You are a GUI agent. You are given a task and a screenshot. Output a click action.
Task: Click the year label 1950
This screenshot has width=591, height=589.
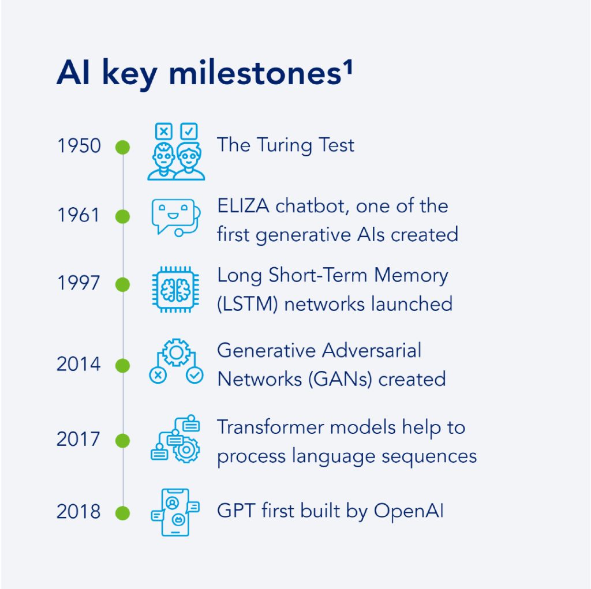(x=79, y=146)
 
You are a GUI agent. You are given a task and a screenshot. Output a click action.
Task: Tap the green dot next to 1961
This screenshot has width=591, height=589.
(x=122, y=217)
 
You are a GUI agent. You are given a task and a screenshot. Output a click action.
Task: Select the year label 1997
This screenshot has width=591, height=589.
(x=78, y=283)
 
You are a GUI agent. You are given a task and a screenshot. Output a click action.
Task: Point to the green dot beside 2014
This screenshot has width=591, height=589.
(x=122, y=366)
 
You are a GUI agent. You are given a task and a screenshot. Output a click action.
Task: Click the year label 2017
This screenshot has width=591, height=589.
(x=78, y=439)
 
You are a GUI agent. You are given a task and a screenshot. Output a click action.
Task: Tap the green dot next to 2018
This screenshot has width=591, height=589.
(x=122, y=513)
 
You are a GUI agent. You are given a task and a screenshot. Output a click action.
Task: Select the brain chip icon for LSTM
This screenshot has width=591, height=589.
(x=175, y=290)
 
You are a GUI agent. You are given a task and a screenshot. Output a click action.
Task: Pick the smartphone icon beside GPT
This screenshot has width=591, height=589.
(x=175, y=512)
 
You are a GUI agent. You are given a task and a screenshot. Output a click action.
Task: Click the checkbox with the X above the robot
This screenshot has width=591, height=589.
(x=164, y=132)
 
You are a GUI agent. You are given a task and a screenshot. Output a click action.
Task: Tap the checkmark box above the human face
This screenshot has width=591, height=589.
(x=189, y=132)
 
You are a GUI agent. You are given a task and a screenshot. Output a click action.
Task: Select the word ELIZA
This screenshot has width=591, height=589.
(x=243, y=206)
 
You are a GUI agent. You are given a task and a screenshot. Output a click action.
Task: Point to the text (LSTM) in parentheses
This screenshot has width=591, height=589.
(x=248, y=304)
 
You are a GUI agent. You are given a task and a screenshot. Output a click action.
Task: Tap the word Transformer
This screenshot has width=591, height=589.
(x=270, y=427)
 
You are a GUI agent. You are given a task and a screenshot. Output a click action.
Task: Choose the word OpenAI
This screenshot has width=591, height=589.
(x=409, y=512)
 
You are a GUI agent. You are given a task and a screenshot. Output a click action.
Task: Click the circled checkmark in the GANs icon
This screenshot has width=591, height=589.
(x=195, y=375)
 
